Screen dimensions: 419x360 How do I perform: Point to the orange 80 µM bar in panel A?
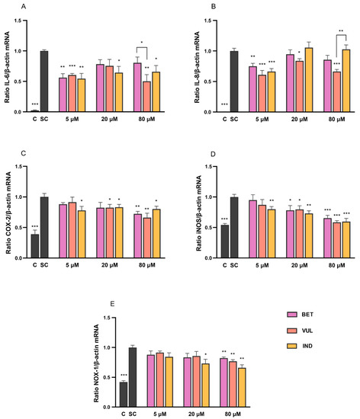(147, 96)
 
